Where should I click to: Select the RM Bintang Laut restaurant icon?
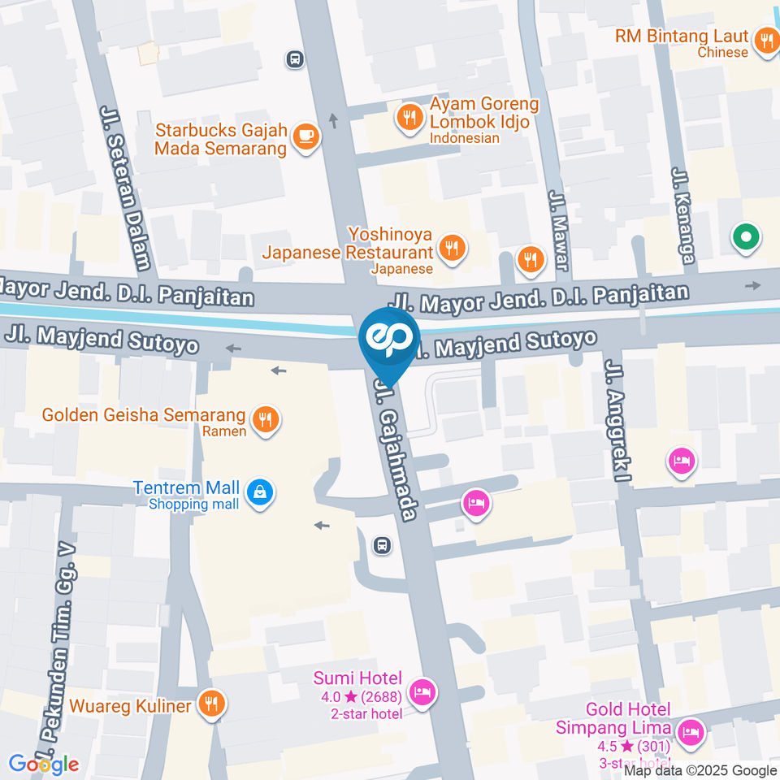[766, 41]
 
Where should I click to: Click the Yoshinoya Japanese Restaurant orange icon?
[452, 249]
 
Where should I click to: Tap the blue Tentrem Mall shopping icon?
[260, 492]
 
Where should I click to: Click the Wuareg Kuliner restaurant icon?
[212, 704]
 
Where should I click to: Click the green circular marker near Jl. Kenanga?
[745, 238]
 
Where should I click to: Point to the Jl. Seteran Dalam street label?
[126, 187]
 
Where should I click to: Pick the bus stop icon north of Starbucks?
[295, 58]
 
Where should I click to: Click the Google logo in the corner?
[44, 764]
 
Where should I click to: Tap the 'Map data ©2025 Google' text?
[700, 770]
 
